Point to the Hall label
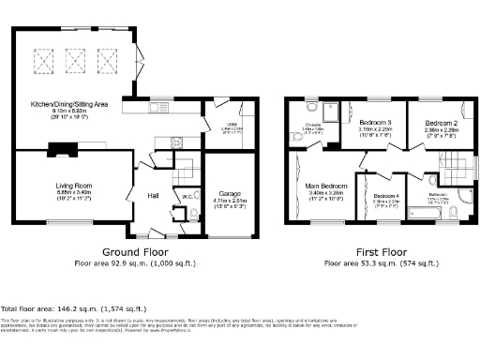coord(153,195)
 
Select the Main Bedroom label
coord(325,187)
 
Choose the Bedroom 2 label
coord(438,123)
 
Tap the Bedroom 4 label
coord(380,195)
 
